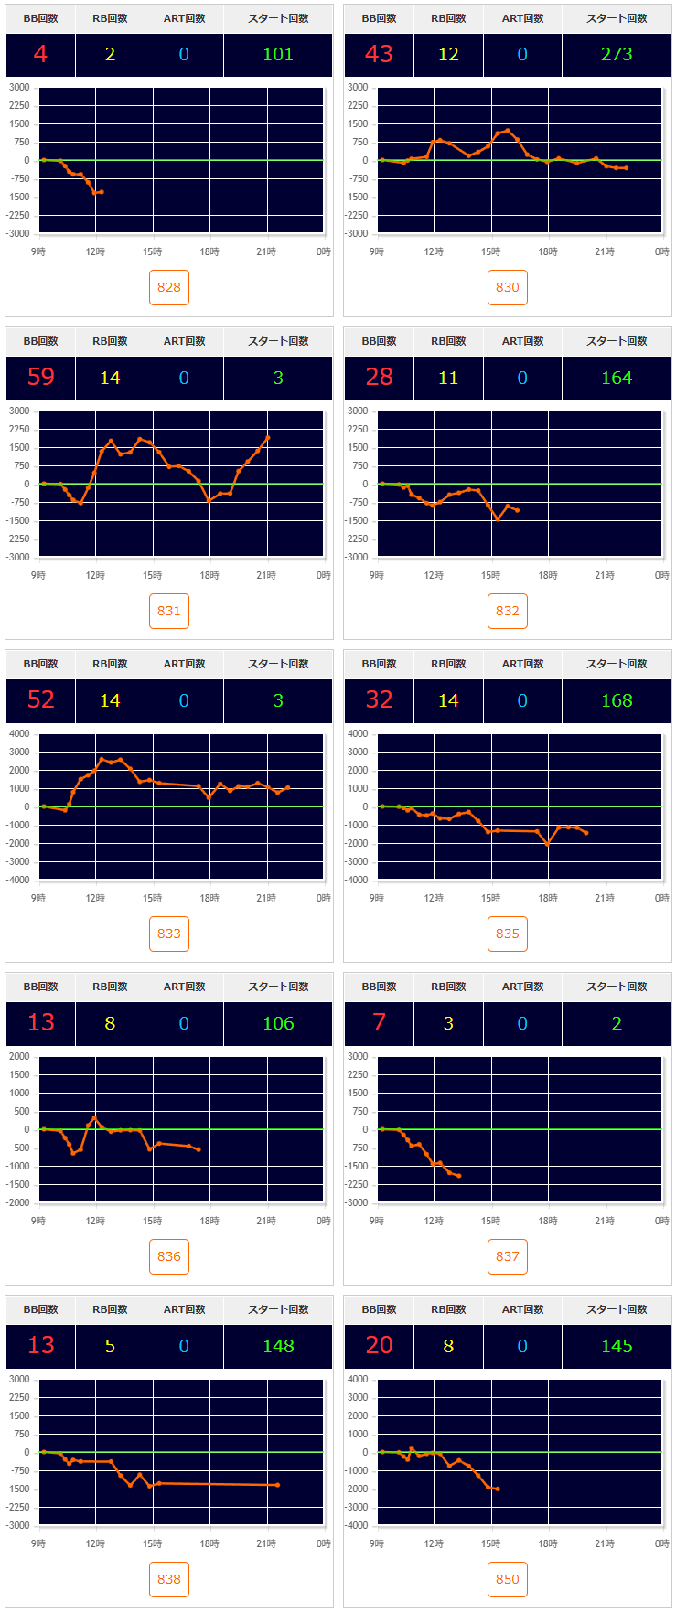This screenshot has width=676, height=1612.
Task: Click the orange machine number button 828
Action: tap(169, 287)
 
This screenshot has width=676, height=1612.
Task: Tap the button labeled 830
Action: tap(508, 287)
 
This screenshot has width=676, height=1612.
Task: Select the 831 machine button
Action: tap(169, 611)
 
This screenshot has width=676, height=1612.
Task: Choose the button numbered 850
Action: tap(508, 1579)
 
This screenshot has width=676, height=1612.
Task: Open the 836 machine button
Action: tap(169, 1256)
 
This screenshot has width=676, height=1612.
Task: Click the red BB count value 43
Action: tap(379, 55)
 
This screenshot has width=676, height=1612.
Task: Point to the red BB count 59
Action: tap(41, 378)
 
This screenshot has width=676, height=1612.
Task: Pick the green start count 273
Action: tap(617, 55)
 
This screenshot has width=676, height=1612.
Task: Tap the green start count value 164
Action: tap(617, 378)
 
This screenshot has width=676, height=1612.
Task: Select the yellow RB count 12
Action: tap(448, 55)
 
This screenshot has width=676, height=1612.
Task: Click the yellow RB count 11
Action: tap(448, 378)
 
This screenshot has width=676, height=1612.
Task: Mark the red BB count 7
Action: tap(379, 1023)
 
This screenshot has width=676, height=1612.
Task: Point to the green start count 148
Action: tap(278, 1346)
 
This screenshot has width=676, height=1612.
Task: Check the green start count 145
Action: tap(617, 1346)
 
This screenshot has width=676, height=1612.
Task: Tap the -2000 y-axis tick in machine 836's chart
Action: tap(19, 1202)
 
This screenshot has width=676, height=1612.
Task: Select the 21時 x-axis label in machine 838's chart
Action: tap(266, 1543)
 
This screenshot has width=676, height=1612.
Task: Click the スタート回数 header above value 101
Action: tap(278, 18)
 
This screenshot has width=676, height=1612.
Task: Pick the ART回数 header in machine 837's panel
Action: tap(522, 987)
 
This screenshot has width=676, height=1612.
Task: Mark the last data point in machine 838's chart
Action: tap(277, 1485)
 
